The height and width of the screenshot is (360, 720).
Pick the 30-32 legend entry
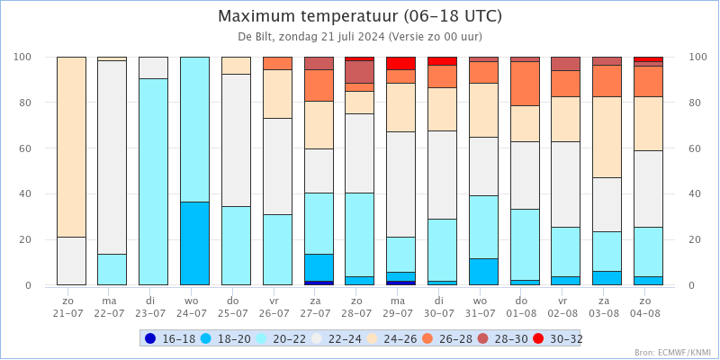click(x=558, y=339)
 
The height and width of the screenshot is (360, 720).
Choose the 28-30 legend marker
click(x=483, y=339)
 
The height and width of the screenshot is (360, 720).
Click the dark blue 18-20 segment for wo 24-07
click(x=194, y=243)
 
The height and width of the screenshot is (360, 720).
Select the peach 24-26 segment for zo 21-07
click(x=72, y=147)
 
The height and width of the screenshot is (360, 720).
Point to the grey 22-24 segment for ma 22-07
click(x=112, y=157)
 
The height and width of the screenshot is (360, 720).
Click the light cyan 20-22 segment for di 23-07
click(x=153, y=182)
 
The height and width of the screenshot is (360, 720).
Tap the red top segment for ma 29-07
click(x=400, y=63)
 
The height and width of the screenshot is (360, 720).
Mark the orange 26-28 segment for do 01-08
click(x=525, y=84)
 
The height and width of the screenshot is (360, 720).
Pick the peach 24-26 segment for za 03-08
click(x=607, y=138)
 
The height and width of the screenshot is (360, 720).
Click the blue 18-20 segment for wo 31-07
click(x=484, y=272)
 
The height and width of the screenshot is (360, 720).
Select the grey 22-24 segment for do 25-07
click(x=236, y=140)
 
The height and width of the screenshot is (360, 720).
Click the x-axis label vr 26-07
click(x=277, y=307)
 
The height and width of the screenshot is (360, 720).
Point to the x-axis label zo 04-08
click(x=648, y=307)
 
